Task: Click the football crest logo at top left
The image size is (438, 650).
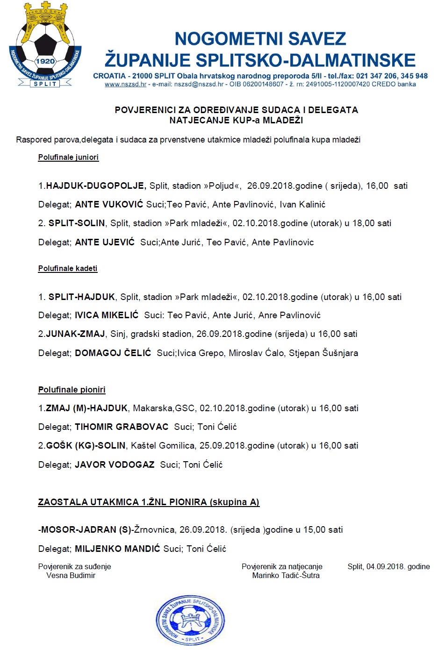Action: [45, 46]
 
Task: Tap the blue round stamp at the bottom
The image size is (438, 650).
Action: [190, 620]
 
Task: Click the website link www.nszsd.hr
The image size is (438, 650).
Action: [125, 85]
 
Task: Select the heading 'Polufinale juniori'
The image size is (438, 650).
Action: [68, 157]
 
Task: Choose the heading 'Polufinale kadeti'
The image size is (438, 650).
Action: [68, 269]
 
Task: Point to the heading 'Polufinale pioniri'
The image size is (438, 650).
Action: [72, 390]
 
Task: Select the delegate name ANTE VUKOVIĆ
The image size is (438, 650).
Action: [109, 205]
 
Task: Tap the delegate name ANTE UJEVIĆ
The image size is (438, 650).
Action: [105, 242]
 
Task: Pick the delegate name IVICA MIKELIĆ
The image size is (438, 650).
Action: [107, 315]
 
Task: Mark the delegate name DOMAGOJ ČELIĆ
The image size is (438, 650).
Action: [113, 353]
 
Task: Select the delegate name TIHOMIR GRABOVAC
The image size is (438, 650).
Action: [122, 427]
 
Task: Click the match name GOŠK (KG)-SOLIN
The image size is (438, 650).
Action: [86, 446]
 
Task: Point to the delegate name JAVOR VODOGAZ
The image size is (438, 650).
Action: [115, 465]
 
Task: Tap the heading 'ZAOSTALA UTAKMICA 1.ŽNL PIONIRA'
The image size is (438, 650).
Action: [149, 502]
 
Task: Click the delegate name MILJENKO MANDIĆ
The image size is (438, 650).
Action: [117, 549]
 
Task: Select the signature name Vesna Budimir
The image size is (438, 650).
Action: [71, 576]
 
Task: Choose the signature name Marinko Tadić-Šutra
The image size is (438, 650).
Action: [286, 576]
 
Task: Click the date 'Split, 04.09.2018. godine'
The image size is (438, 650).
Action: [388, 567]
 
